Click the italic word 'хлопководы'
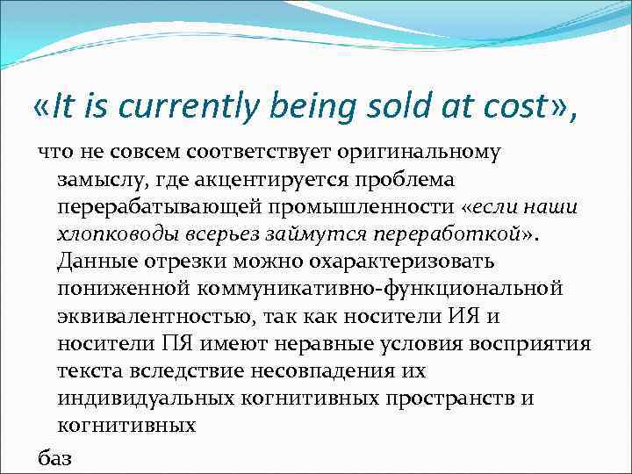pos(112,234)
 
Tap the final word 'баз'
pos(54,457)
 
